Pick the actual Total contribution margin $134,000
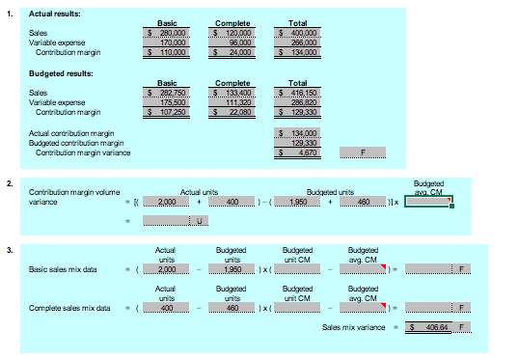coord(299,52)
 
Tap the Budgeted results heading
coord(61,73)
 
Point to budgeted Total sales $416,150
coord(299,93)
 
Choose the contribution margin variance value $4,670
coord(299,152)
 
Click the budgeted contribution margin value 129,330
coord(299,142)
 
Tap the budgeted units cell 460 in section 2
coord(362,201)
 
